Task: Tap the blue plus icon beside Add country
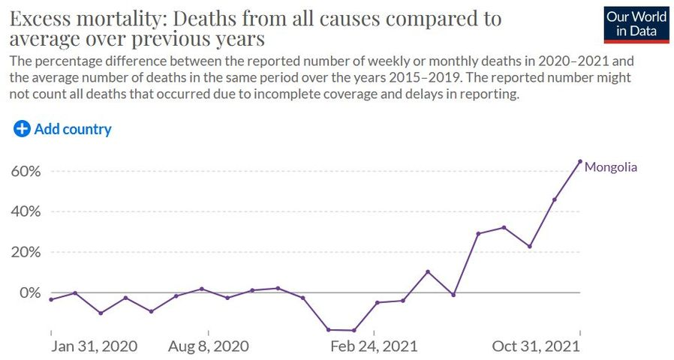pos(23,129)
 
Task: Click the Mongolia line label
pos(610,167)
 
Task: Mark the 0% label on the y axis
pos(28,292)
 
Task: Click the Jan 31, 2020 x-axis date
pos(95,346)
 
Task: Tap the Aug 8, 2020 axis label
pos(209,346)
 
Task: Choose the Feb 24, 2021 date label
pos(374,346)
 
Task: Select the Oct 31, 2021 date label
pos(537,346)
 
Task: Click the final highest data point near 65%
pos(580,160)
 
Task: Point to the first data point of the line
pos(50,299)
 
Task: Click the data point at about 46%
pos(555,199)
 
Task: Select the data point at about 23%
pos(530,246)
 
